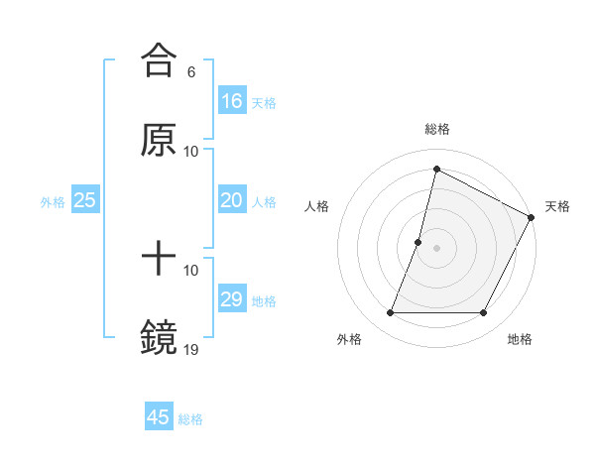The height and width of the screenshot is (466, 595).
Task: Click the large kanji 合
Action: coord(159,58)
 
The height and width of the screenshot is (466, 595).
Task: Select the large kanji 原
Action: coord(159,139)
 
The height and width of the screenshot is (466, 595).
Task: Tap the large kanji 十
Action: coord(159,259)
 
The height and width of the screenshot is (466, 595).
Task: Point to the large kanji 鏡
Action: coord(159,338)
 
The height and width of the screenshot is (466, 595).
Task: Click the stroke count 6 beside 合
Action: coord(191,71)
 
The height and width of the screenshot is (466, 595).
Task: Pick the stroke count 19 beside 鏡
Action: coord(191,349)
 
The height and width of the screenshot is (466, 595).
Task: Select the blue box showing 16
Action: coord(231,100)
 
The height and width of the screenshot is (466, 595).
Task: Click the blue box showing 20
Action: coord(231,200)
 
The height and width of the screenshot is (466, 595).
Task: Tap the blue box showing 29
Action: coord(231,299)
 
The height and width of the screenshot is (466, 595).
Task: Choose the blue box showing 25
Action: coord(85,200)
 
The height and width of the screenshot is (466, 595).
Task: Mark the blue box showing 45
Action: coord(159,417)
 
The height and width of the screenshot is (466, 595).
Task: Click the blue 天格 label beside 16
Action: coord(263,102)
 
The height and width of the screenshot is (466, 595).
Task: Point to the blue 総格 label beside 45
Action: coord(190,419)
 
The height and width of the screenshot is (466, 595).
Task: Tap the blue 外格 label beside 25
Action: coord(53,202)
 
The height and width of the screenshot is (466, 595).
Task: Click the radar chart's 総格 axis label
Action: coord(437,129)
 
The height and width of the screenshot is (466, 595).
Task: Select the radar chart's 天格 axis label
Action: coord(557,206)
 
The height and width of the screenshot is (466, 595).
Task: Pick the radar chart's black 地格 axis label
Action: coord(520,339)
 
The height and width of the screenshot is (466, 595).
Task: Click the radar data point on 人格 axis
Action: coord(418,242)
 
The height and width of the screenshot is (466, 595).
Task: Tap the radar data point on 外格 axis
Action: coord(390,313)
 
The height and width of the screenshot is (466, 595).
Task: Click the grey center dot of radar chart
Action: coord(437,248)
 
